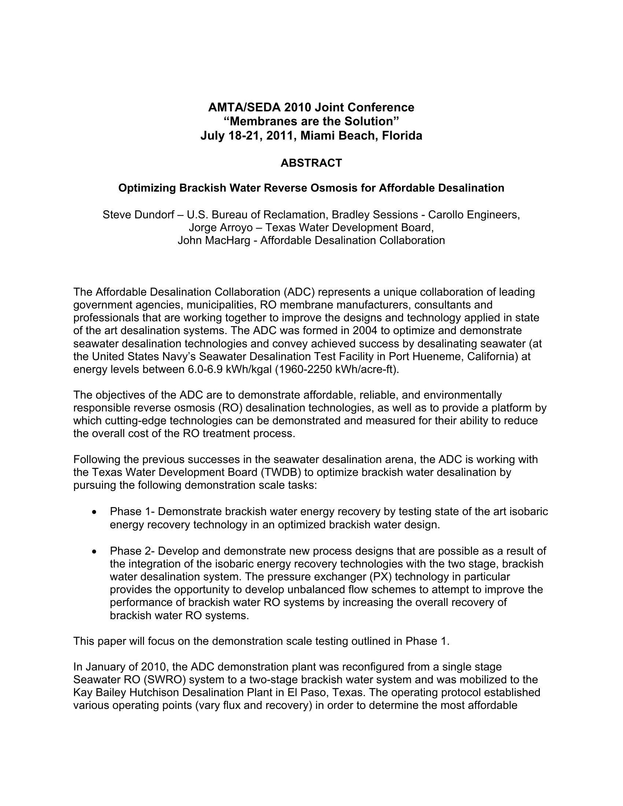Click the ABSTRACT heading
click(311, 163)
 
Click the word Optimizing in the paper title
click(147, 188)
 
